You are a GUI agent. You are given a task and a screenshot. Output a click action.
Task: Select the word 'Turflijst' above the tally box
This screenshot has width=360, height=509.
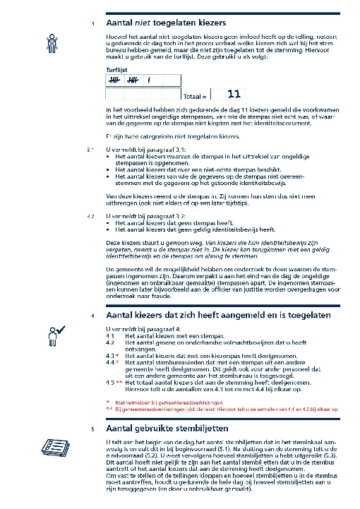[x=116, y=71]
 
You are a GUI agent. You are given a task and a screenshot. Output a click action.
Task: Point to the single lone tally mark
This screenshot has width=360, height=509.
[x=149, y=81]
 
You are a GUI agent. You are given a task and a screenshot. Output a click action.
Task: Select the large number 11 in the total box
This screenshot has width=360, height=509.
[x=234, y=93]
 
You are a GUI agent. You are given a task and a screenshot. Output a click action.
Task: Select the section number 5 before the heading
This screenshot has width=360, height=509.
[x=92, y=429]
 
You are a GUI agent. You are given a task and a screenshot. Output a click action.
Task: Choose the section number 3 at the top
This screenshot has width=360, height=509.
[x=92, y=23]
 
